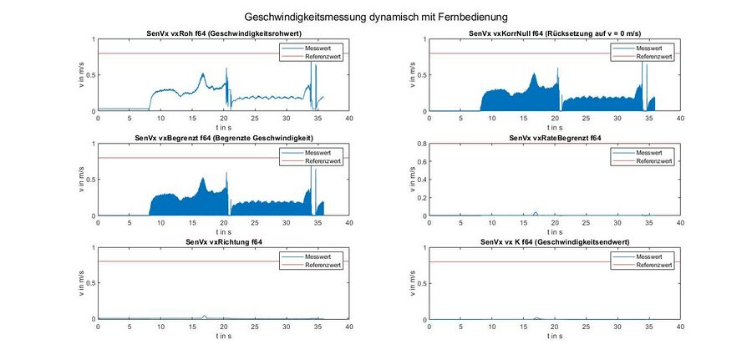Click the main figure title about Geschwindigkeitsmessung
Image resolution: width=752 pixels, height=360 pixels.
coord(376,16)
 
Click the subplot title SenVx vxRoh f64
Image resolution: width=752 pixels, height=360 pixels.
coord(224,33)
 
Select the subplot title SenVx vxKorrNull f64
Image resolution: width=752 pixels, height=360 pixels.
coord(556,33)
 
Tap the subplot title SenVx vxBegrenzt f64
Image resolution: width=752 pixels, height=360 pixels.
coord(224,137)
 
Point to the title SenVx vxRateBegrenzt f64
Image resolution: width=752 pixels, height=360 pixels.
coord(556,137)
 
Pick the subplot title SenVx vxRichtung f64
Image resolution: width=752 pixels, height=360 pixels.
coord(224,241)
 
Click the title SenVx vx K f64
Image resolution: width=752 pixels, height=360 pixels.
coord(556,241)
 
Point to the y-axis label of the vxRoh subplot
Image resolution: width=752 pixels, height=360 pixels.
coord(81,75)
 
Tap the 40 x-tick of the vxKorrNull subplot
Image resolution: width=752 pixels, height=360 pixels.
coord(681,119)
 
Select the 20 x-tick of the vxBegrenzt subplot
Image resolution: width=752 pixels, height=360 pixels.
coord(224,223)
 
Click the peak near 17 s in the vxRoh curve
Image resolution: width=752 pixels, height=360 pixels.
coord(202,74)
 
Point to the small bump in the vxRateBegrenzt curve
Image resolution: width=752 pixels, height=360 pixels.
coord(536,212)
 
